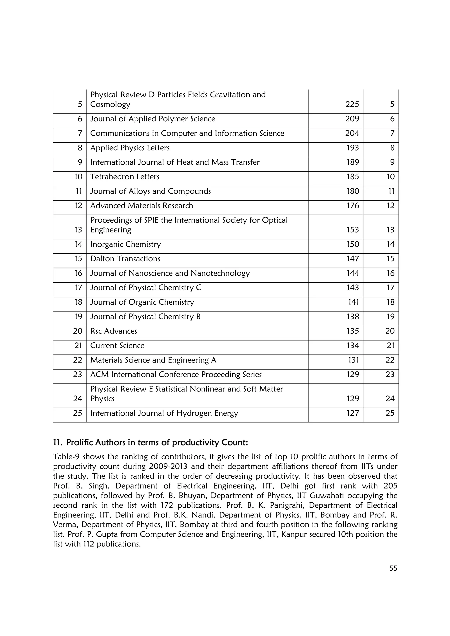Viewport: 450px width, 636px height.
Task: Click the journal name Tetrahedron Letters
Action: click(x=125, y=177)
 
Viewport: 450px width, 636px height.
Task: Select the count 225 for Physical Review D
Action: click(x=352, y=104)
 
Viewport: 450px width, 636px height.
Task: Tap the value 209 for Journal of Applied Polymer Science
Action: click(x=352, y=119)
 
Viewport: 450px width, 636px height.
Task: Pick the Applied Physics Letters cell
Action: click(x=130, y=148)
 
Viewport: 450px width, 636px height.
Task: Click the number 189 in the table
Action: click(x=352, y=162)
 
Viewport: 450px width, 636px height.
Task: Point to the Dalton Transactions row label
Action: click(x=125, y=259)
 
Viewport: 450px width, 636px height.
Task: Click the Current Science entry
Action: click(x=117, y=346)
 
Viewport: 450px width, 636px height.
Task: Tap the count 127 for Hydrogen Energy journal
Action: click(x=352, y=413)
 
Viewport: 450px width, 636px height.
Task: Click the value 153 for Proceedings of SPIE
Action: click(x=352, y=230)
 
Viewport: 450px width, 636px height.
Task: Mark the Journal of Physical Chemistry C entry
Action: click(x=145, y=288)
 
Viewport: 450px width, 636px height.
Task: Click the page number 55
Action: click(x=393, y=568)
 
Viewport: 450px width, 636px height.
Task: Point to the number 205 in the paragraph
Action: click(x=390, y=486)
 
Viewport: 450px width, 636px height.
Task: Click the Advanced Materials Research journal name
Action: click(x=142, y=206)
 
